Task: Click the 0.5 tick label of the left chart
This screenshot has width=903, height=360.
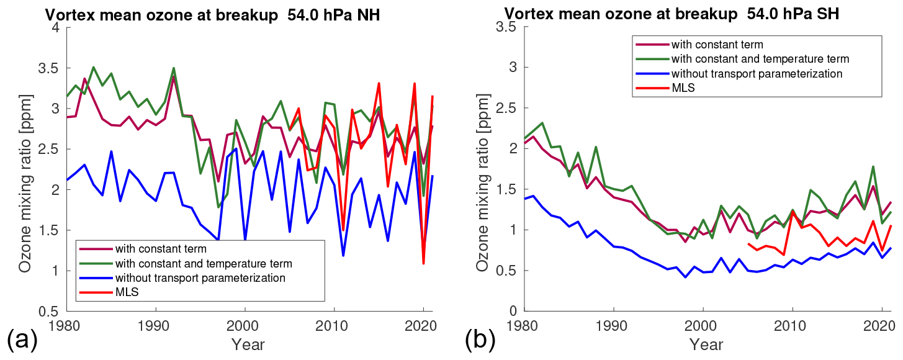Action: click(50, 312)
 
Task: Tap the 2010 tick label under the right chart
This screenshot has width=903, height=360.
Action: click(792, 325)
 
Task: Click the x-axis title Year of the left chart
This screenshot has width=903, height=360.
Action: click(248, 344)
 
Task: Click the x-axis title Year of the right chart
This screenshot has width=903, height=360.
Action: click(703, 344)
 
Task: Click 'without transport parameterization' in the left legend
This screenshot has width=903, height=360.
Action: click(200, 277)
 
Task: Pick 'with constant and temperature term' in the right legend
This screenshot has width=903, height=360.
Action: click(760, 59)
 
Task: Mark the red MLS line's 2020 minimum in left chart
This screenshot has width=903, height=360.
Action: click(423, 264)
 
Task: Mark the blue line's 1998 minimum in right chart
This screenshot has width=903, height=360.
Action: click(685, 277)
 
